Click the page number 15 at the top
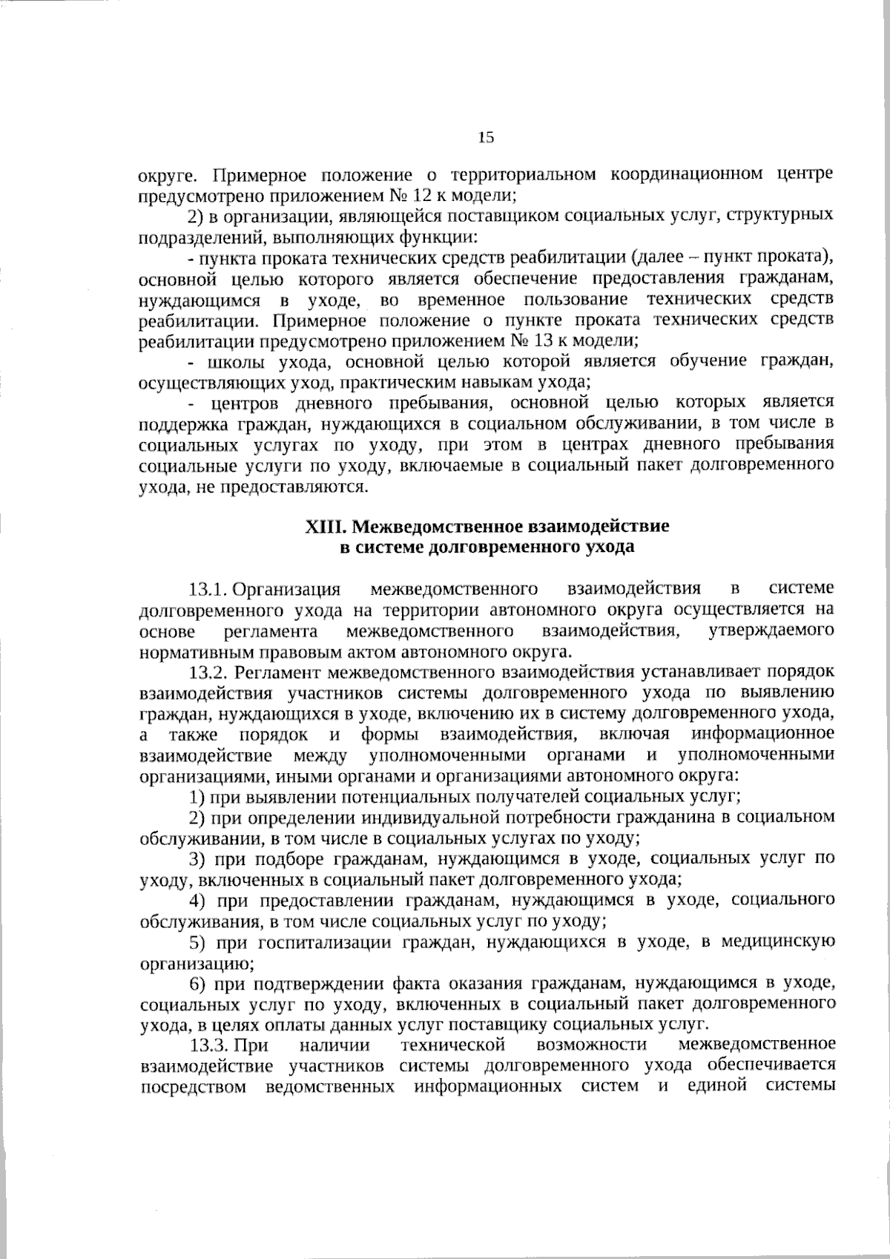click(x=486, y=137)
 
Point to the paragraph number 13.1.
click(x=207, y=590)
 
